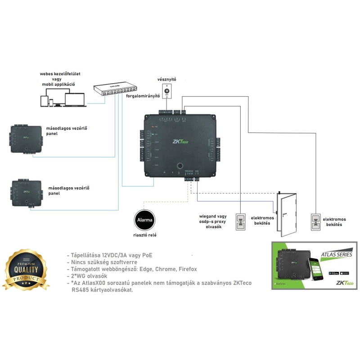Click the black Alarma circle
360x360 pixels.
click(144, 220)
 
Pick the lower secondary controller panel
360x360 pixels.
click(27, 192)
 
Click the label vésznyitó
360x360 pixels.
click(166, 79)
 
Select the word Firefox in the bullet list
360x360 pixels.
click(184, 269)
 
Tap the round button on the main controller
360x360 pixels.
click(179, 165)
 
